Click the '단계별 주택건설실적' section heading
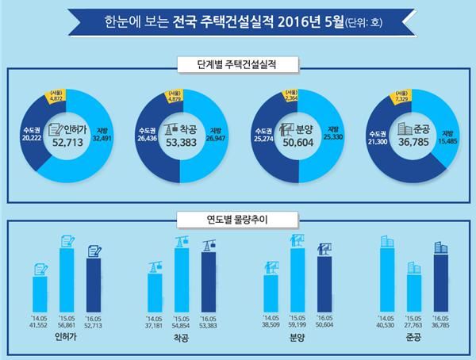[238, 62]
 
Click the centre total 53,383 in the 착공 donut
[180, 144]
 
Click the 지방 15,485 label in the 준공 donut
[450, 138]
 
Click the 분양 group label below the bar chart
[297, 336]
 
